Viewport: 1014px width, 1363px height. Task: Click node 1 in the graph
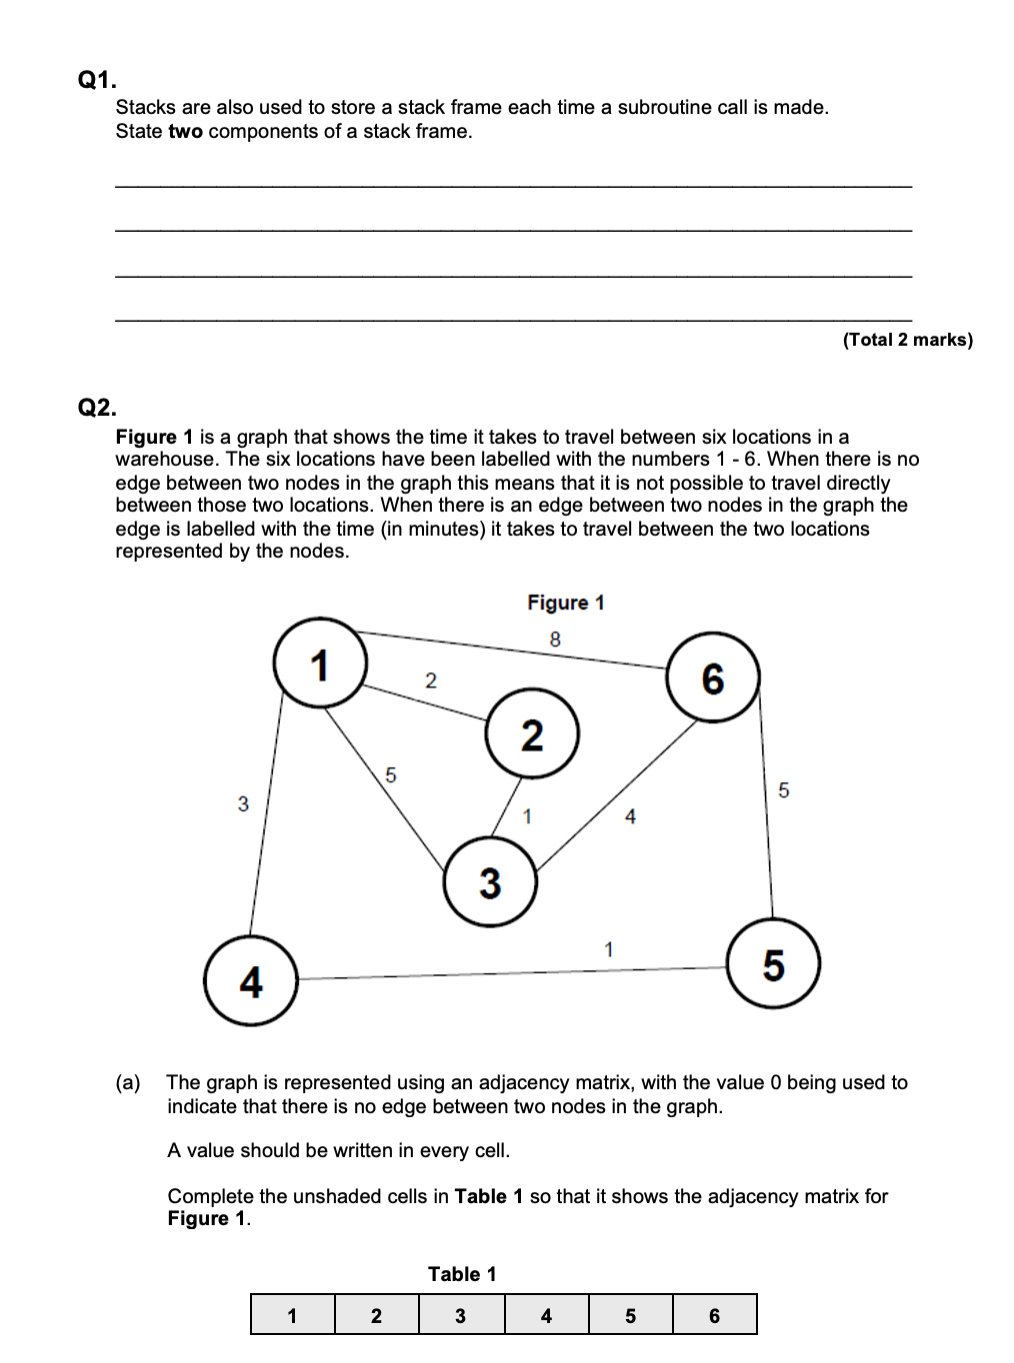[x=320, y=664]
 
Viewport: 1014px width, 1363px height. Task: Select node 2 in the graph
[x=532, y=734]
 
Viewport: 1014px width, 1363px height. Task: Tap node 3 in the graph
[x=490, y=882]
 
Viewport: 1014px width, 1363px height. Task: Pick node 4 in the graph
[x=251, y=980]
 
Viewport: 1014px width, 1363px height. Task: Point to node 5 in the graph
[x=773, y=964]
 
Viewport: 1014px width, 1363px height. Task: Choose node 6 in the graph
[x=712, y=679]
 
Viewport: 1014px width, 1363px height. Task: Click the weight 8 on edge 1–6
[x=555, y=640]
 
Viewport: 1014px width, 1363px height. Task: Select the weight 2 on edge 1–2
[x=431, y=681]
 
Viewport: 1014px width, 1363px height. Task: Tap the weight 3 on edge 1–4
[x=243, y=803]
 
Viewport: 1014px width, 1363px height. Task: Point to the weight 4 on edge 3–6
[x=630, y=817]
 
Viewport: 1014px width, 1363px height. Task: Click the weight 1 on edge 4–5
[x=609, y=949]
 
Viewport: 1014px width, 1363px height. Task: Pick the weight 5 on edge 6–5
[x=783, y=790]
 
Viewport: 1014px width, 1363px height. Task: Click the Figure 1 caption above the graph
[x=566, y=603]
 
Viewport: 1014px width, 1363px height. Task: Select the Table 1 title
[x=462, y=1274]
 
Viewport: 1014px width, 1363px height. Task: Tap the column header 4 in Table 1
[x=546, y=1316]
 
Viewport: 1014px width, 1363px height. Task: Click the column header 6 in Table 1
[x=714, y=1316]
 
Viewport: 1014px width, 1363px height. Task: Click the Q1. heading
[x=97, y=80]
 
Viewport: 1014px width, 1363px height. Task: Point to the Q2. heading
[x=97, y=408]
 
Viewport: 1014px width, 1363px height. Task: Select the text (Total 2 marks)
[x=907, y=340]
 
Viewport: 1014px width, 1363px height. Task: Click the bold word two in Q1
[x=185, y=132]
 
